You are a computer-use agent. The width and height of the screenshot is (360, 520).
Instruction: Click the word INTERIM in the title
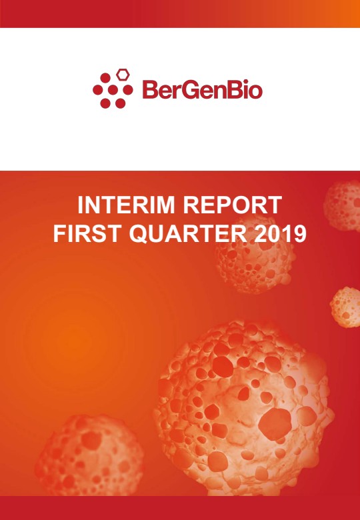click(x=127, y=205)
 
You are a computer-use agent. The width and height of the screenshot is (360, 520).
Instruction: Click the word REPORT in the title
click(x=233, y=205)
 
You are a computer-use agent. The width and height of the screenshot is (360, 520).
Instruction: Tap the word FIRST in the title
click(x=87, y=234)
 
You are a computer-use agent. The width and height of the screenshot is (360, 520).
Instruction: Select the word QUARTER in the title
click(x=187, y=235)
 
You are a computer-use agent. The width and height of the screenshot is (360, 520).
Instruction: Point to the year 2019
click(x=280, y=234)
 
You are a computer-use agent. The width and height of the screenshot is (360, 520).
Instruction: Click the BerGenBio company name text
click(x=203, y=89)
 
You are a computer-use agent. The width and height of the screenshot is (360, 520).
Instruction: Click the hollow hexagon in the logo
click(x=123, y=75)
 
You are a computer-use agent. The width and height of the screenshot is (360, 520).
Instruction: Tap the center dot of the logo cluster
click(x=113, y=90)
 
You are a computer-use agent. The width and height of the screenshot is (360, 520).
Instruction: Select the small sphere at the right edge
click(x=345, y=307)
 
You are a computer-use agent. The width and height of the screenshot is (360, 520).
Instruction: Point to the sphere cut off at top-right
click(x=343, y=205)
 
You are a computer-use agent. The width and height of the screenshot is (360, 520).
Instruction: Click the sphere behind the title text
click(x=255, y=255)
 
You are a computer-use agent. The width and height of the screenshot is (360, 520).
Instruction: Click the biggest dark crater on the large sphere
click(x=275, y=424)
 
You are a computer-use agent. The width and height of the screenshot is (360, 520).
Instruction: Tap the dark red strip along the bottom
click(x=180, y=508)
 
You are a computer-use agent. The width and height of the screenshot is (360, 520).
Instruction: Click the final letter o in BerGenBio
click(x=255, y=92)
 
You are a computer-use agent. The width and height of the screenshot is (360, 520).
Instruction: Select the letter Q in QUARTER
click(x=138, y=235)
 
